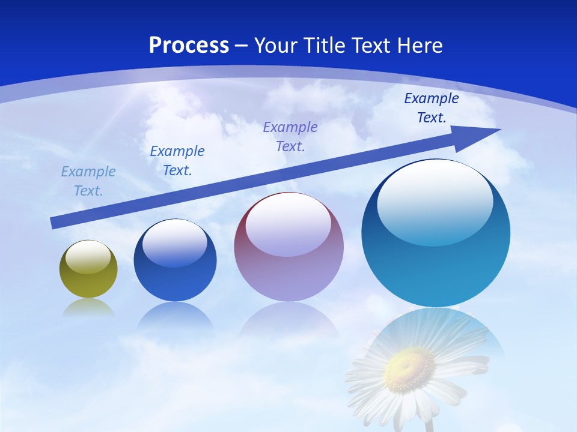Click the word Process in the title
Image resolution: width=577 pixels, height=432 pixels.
point(189,46)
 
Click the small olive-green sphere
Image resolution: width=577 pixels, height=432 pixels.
point(88,270)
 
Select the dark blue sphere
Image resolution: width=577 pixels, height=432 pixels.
point(175,261)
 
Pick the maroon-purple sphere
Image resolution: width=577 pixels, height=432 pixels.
point(288,247)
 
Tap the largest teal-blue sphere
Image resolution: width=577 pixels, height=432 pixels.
point(436,234)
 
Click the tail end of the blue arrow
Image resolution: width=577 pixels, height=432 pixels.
point(54,223)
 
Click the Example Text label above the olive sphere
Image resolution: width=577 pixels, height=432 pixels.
point(88,181)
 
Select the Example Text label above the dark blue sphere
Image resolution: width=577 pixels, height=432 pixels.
point(177,161)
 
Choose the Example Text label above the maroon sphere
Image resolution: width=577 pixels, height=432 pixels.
point(290,137)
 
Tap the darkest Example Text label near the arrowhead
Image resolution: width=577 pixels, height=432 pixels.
point(432,108)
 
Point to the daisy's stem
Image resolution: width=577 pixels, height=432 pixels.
point(429,425)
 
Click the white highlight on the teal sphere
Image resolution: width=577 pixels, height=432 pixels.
point(435,201)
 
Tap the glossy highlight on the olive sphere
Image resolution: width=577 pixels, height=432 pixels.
point(88,257)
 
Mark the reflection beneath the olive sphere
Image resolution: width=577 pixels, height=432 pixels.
point(88,308)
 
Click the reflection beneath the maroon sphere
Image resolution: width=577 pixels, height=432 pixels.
point(288,318)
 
